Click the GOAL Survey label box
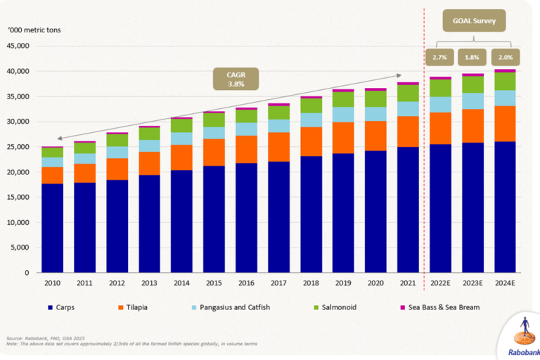tap(474, 21)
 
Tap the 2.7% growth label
tap(439, 57)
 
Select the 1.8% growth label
tap(472, 57)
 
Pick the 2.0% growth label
tap(504, 57)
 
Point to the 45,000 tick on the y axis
tap(17, 46)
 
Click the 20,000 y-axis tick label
tap(17, 172)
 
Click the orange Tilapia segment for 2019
tap(343, 138)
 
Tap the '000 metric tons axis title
tap(34, 31)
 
